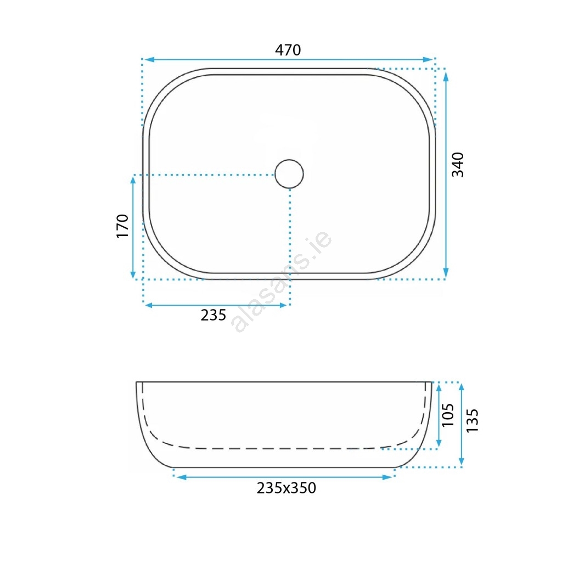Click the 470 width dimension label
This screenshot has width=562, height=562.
288,50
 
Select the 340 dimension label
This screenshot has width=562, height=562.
458,165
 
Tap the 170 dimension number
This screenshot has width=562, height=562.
122,226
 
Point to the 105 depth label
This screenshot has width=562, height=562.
448,415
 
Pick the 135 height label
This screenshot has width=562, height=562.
472,420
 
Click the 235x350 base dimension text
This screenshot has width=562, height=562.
286,488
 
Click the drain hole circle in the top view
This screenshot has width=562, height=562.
289,174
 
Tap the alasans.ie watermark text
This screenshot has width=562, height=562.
282,281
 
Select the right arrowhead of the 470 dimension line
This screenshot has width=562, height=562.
428,59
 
